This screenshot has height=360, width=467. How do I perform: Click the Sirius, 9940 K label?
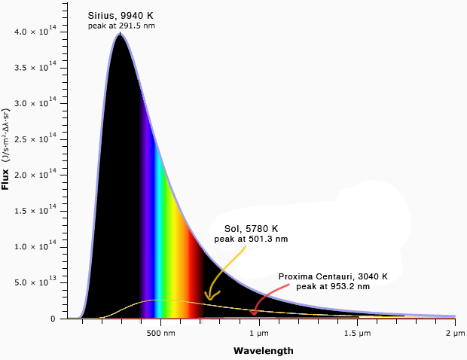click(x=121, y=15)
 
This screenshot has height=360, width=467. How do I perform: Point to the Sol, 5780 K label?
click(x=252, y=229)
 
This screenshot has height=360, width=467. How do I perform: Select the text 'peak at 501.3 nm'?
click(x=252, y=239)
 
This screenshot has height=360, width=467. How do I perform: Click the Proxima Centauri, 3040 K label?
click(x=333, y=276)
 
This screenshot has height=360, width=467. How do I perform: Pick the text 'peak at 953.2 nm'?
click(x=333, y=287)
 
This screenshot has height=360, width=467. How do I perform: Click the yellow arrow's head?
click(x=209, y=298)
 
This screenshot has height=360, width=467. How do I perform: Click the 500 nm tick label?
click(x=161, y=332)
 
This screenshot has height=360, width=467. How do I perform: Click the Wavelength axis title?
click(x=263, y=351)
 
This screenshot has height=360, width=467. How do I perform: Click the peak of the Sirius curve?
click(x=120, y=34)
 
